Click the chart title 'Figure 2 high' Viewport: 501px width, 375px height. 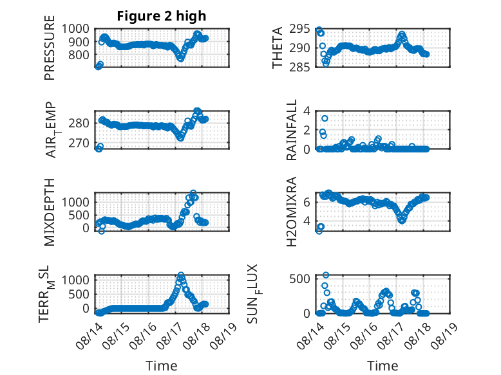[x=162, y=16]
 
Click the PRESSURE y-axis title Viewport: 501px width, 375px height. [x=50, y=48]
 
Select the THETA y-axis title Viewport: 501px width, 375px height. [x=278, y=48]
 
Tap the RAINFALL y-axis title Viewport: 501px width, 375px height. [x=292, y=130]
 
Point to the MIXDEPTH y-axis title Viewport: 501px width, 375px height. [x=50, y=212]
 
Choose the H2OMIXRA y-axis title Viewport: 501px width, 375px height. [x=292, y=212]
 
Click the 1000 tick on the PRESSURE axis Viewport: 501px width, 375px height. [x=75, y=29]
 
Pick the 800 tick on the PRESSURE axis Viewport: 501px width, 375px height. [x=79, y=55]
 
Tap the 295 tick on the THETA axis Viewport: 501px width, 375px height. [x=299, y=29]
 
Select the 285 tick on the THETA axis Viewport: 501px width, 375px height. [x=299, y=67]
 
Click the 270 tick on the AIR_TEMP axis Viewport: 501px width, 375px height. [x=79, y=143]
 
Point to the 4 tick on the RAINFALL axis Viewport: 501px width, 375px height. [x=307, y=111]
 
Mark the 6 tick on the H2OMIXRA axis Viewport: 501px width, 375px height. [x=307, y=202]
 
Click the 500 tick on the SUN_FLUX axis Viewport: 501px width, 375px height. [x=299, y=279]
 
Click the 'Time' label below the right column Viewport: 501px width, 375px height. [x=383, y=366]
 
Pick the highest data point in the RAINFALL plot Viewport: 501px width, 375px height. [x=325, y=118]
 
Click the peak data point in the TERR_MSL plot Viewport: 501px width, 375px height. [x=181, y=275]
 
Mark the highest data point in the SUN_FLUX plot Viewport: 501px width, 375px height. [x=326, y=275]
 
